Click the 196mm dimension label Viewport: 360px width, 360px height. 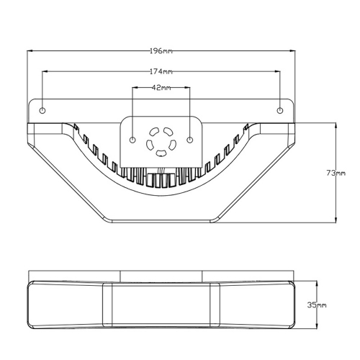[x=162, y=52]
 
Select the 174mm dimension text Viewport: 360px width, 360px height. [x=162, y=71]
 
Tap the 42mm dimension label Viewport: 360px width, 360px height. [x=162, y=88]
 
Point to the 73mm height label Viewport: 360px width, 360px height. [x=336, y=173]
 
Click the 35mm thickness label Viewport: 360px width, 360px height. [x=318, y=305]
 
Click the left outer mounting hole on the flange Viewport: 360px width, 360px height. [x=42, y=110]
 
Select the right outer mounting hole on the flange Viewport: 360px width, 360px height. [x=281, y=110]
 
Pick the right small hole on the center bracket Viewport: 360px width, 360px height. [x=190, y=139]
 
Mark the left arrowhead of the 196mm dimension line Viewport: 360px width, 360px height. [x=30, y=52]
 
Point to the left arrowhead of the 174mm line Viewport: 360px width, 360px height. [x=45, y=71]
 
